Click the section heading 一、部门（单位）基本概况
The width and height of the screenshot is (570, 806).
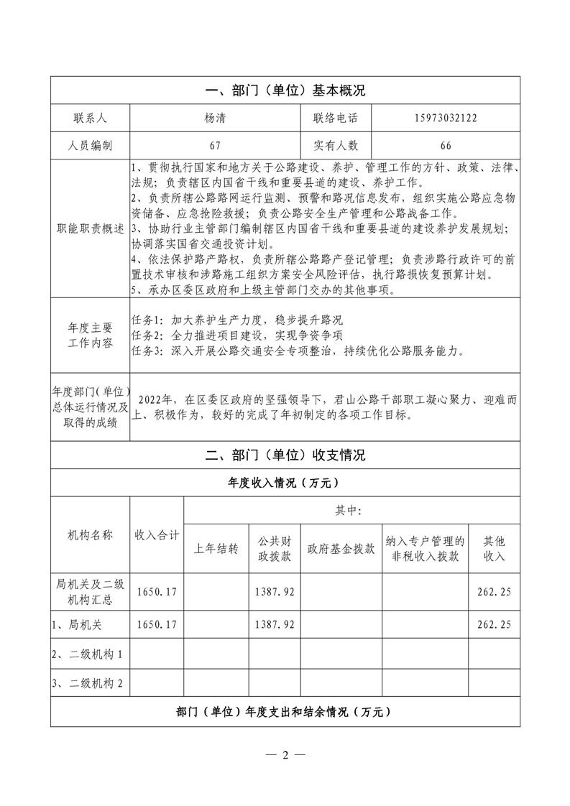[285, 91]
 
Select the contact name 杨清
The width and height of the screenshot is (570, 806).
[214, 118]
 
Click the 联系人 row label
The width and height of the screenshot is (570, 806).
[89, 118]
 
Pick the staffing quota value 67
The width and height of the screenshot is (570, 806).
[214, 145]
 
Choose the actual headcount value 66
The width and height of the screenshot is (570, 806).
[445, 145]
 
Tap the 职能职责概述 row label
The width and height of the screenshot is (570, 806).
[90, 228]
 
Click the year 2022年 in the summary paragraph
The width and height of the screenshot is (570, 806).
[157, 400]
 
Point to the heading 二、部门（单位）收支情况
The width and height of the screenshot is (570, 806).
[285, 455]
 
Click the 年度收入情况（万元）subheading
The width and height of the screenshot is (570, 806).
[285, 482]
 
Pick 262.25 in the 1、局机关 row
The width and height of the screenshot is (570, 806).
[494, 625]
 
